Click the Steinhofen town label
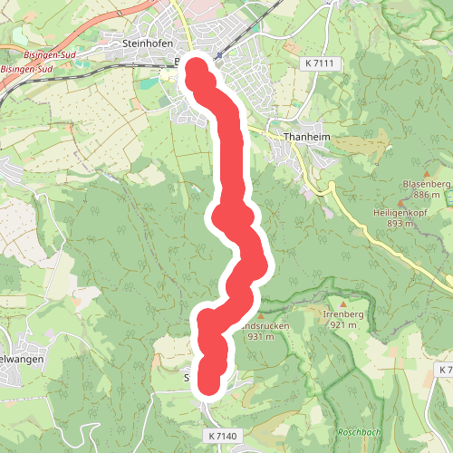(x=146, y=42)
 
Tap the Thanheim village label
(x=304, y=137)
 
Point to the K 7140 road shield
(x=220, y=437)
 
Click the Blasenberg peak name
(x=424, y=184)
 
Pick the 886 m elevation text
(x=426, y=195)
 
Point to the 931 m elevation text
(x=260, y=336)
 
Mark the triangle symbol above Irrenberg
(x=343, y=303)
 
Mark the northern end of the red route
(x=193, y=64)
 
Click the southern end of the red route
(x=210, y=384)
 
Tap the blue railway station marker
(x=218, y=54)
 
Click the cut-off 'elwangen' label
(x=18, y=359)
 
